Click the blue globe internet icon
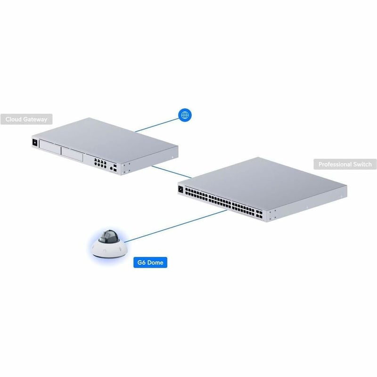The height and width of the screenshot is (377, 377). pyautogui.click(x=185, y=115)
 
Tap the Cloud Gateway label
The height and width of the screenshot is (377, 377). pyautogui.click(x=26, y=119)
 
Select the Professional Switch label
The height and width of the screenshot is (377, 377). pyautogui.click(x=345, y=164)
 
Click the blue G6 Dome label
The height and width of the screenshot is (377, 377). pyautogui.click(x=150, y=262)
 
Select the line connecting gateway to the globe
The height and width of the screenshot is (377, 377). pyautogui.click(x=157, y=125)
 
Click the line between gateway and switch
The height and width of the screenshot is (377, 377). pyautogui.click(x=172, y=172)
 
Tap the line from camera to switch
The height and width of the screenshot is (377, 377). pyautogui.click(x=175, y=226)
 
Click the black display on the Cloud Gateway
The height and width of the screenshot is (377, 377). pyautogui.click(x=35, y=142)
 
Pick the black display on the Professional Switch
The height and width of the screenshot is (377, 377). pyautogui.click(x=181, y=189)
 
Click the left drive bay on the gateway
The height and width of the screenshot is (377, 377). pyautogui.click(x=50, y=147)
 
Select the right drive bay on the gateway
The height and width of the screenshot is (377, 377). pyautogui.click(x=72, y=154)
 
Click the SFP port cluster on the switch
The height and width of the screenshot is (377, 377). pyautogui.click(x=259, y=214)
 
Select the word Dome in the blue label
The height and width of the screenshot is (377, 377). pyautogui.click(x=156, y=262)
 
